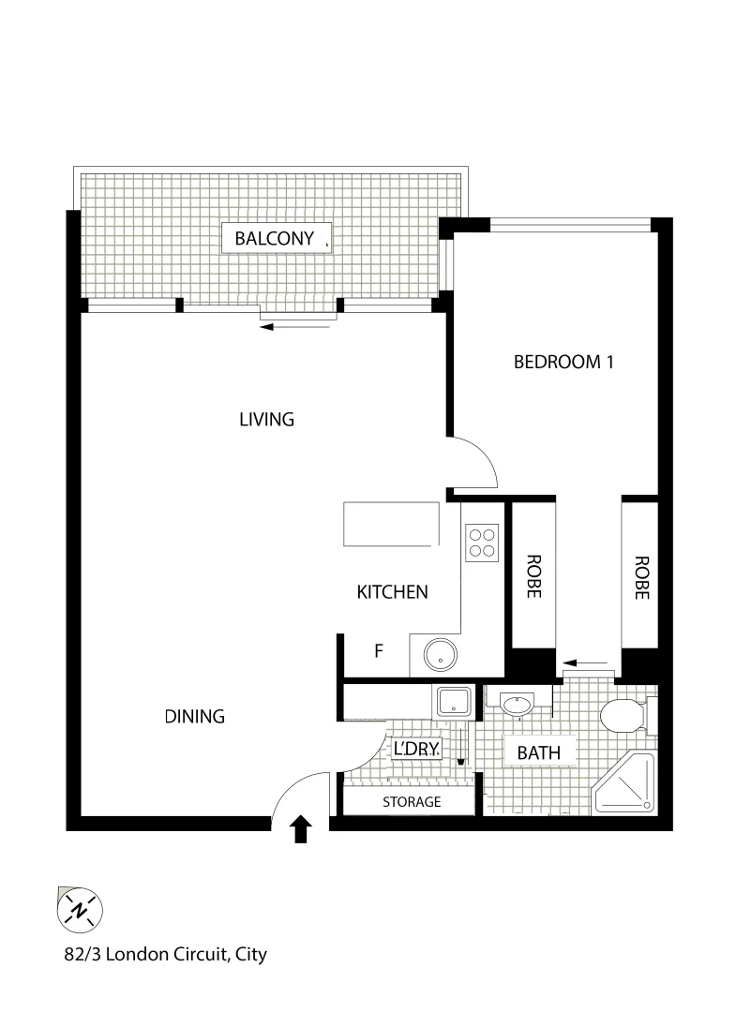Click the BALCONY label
(275, 239)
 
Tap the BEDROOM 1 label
(563, 362)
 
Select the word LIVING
(266, 419)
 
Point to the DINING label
(195, 717)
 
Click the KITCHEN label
(393, 592)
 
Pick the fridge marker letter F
(379, 651)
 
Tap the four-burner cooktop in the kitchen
(482, 541)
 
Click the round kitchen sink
(438, 654)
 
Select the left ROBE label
(533, 577)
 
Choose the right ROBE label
(642, 577)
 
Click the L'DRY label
(416, 750)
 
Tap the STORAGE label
(412, 802)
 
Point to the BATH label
(538, 752)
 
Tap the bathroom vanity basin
(517, 704)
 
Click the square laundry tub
(455, 700)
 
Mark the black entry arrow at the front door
(300, 828)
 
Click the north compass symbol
(81, 909)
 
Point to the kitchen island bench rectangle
(392, 524)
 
